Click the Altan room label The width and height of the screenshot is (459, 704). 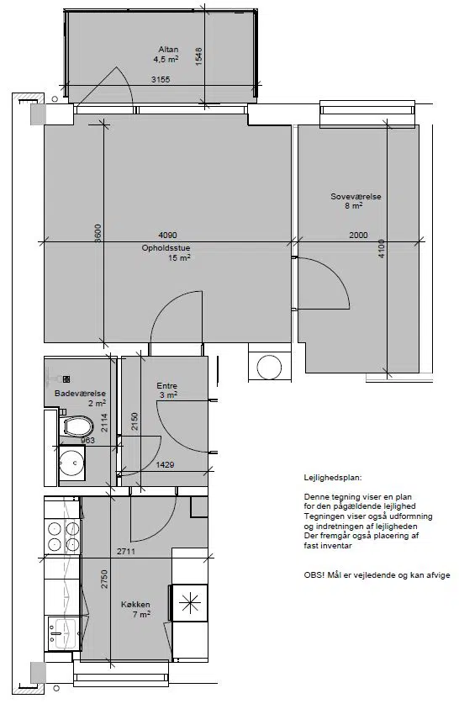tap(168, 50)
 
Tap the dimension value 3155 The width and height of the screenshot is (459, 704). tap(161, 79)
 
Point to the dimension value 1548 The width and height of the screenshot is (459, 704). tap(198, 57)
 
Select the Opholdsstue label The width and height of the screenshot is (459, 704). tap(166, 248)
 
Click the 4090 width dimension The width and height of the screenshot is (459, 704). tap(168, 235)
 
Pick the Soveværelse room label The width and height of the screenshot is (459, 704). tap(356, 197)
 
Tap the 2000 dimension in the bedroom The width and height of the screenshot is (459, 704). tap(358, 235)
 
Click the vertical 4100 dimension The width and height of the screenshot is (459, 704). tap(382, 248)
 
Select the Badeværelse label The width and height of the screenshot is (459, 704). tap(81, 394)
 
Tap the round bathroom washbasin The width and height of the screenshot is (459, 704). tap(71, 463)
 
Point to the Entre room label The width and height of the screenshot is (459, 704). tap(167, 386)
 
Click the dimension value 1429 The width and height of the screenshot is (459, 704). tap(165, 464)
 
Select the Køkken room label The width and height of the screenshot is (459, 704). tap(135, 604)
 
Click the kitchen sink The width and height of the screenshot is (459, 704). tap(63, 633)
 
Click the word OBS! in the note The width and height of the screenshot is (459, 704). tap(314, 575)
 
